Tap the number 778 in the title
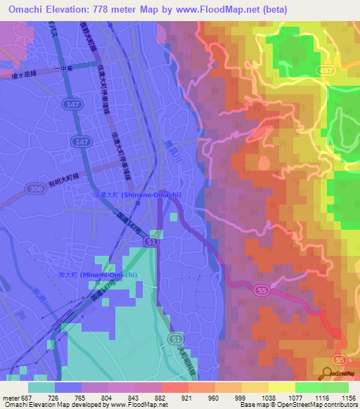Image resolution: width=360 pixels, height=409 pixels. pos(99,8)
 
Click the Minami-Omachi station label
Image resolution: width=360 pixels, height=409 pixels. pos(107,274)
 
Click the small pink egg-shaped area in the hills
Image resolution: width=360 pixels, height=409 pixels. pos(264,163)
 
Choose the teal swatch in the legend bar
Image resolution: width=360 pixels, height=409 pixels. pos(41,387)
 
